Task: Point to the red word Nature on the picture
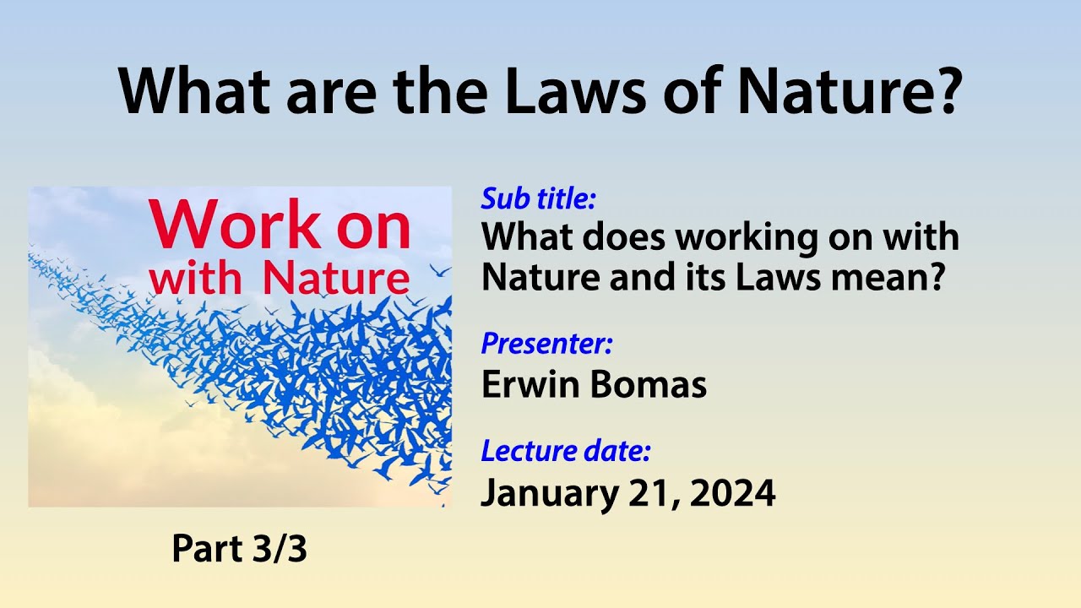pyautogui.click(x=336, y=280)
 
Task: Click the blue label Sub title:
pyautogui.click(x=539, y=199)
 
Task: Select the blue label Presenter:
pyautogui.click(x=546, y=344)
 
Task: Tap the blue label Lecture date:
pyautogui.click(x=565, y=451)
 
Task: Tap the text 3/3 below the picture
pyautogui.click(x=280, y=550)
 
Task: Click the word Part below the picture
pyautogui.click(x=205, y=550)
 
